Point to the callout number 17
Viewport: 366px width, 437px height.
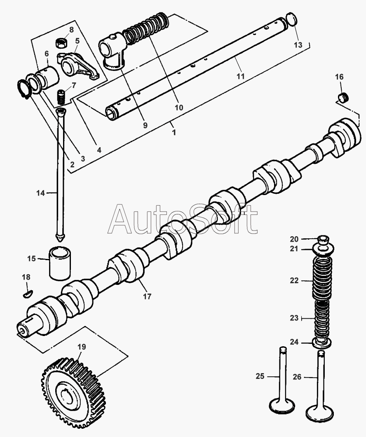coord(147,296)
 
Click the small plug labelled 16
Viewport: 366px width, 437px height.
coord(343,98)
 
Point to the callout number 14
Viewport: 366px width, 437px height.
coord(40,193)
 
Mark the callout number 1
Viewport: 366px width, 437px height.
coord(174,132)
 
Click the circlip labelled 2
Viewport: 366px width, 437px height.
coord(24,89)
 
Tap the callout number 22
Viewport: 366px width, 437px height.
coord(294,281)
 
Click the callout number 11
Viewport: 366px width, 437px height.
coord(241,76)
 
